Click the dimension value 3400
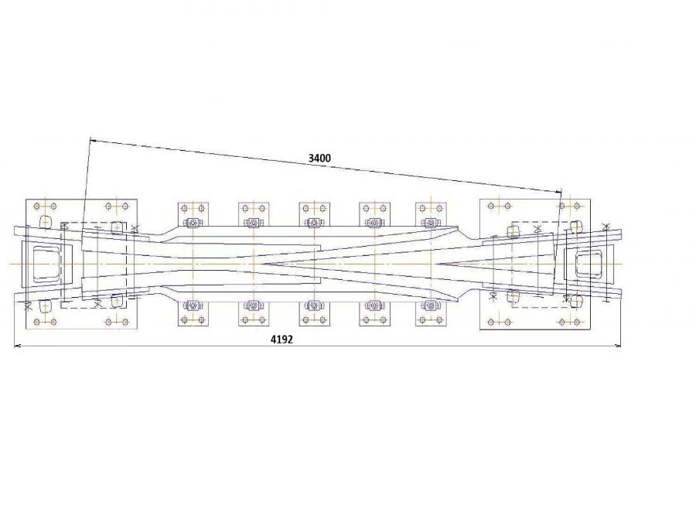(319, 158)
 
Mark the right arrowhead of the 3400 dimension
(557, 190)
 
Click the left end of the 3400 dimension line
(90, 140)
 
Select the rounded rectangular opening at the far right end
(589, 264)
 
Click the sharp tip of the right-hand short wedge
(435, 264)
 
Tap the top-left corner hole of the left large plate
(36, 207)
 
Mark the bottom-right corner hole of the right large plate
(582, 321)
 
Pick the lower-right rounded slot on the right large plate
(575, 300)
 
